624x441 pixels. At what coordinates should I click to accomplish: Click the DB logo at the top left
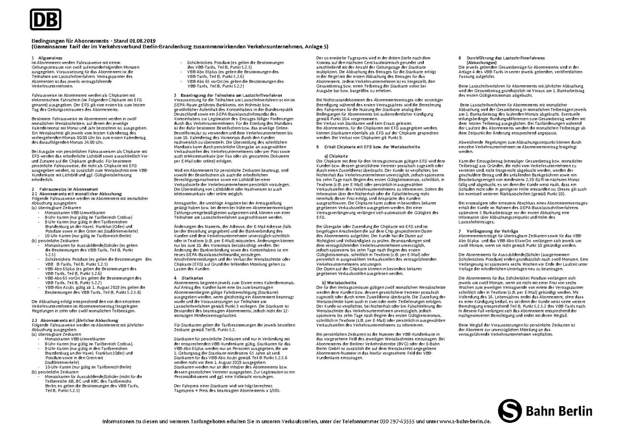coord(46,20)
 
